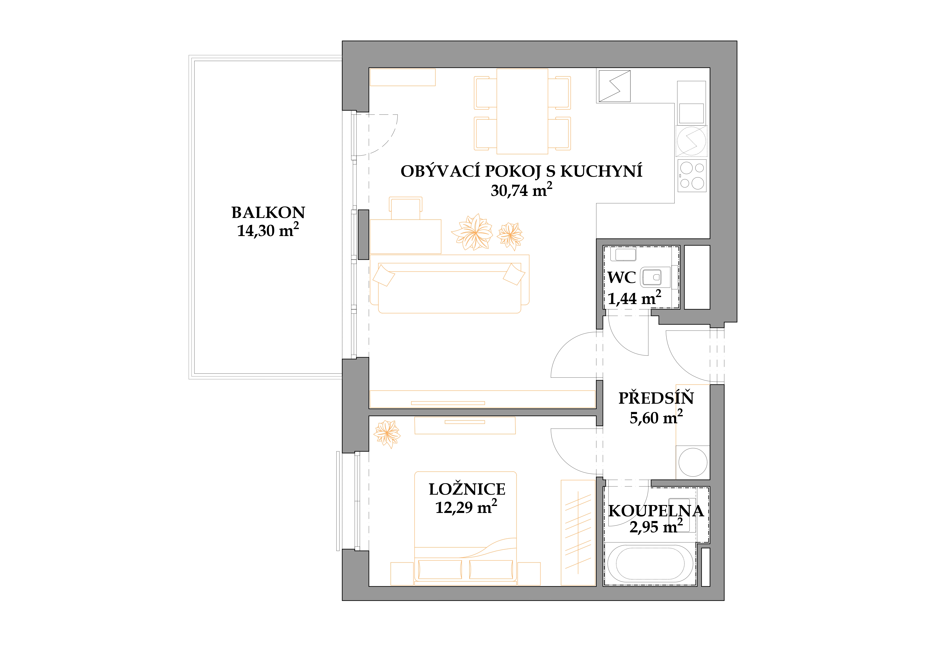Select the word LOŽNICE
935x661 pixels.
click(x=467, y=489)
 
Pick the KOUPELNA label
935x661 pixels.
click(x=656, y=511)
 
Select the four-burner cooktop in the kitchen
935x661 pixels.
click(x=692, y=176)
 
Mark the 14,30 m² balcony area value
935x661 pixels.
click(x=268, y=230)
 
